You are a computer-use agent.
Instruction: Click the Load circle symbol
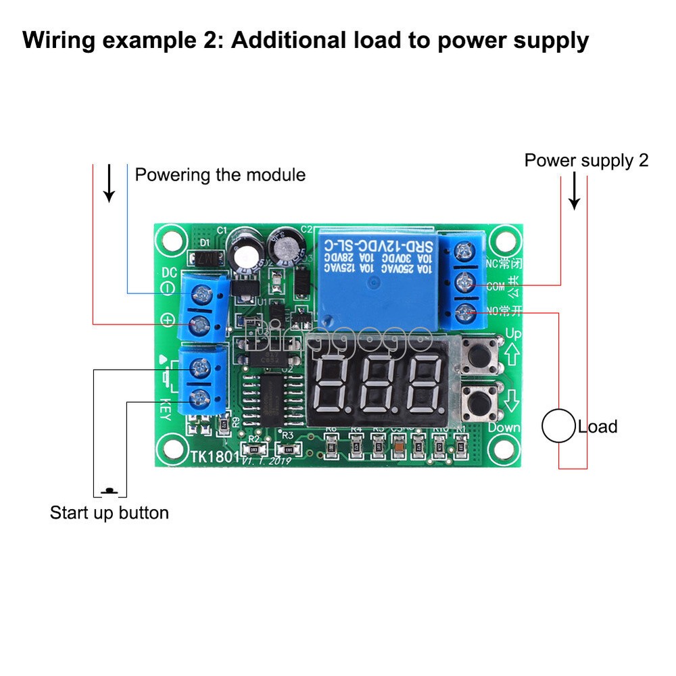(558, 427)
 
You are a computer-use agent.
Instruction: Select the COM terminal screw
(464, 283)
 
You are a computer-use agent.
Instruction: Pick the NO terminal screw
(464, 312)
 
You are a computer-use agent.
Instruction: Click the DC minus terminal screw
(201, 293)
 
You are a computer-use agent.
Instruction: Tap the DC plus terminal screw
(201, 324)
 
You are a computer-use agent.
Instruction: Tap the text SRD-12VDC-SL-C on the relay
(375, 244)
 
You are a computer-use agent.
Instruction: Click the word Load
(598, 427)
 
